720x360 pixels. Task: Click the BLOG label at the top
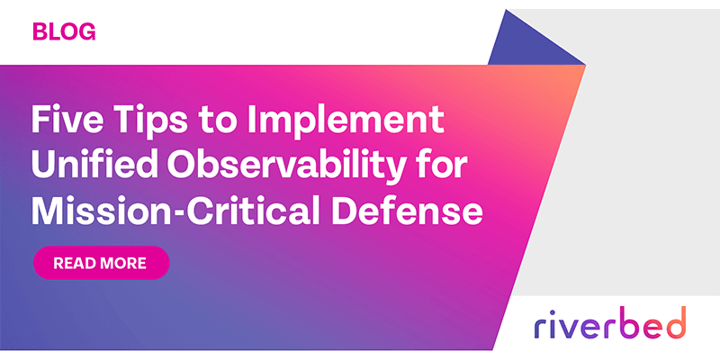pos(64,32)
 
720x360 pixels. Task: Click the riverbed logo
pos(609,321)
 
